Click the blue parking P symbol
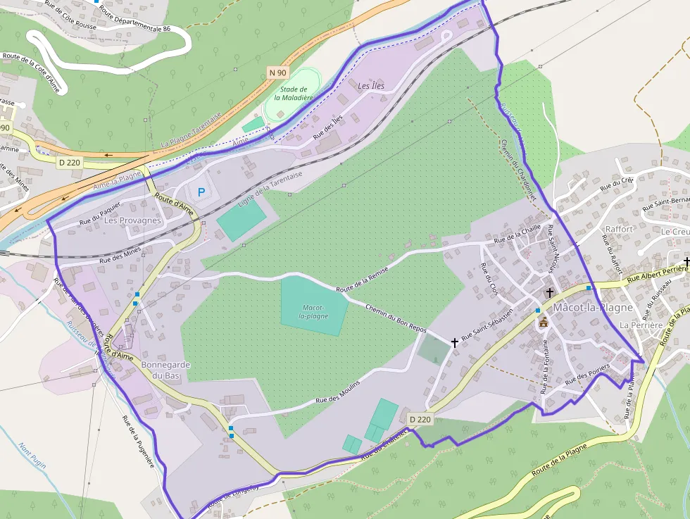pos(202,192)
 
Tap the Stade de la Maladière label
pos(293,94)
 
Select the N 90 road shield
pos(277,73)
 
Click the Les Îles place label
pos(372,86)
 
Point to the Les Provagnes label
pos(132,220)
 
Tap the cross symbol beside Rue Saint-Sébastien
pos(455,343)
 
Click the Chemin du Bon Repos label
pos(396,318)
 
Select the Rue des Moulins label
pos(338,391)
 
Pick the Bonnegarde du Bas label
pos(166,370)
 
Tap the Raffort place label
pos(620,229)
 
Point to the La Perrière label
pos(641,325)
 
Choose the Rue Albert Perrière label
pos(658,274)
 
